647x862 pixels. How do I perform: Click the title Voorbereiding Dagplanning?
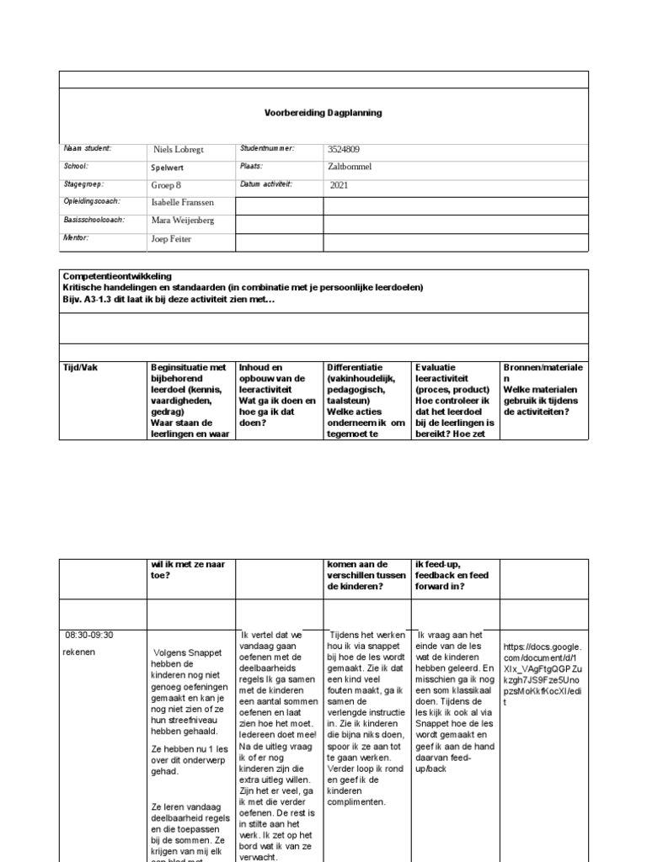(323, 113)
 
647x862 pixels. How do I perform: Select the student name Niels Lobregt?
(178, 150)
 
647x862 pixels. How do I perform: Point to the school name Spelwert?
(168, 168)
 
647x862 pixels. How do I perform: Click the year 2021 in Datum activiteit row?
(339, 184)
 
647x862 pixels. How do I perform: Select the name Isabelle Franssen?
(182, 202)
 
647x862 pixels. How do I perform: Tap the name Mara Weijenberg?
(183, 221)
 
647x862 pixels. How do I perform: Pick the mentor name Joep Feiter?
(172, 239)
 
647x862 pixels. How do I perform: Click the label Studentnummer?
(267, 148)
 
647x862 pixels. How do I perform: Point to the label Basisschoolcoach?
(94, 220)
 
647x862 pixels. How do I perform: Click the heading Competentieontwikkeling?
(117, 276)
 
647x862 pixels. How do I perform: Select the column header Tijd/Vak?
(82, 368)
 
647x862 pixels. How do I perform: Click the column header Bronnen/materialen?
(543, 373)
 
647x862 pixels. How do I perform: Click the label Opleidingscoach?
(92, 201)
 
